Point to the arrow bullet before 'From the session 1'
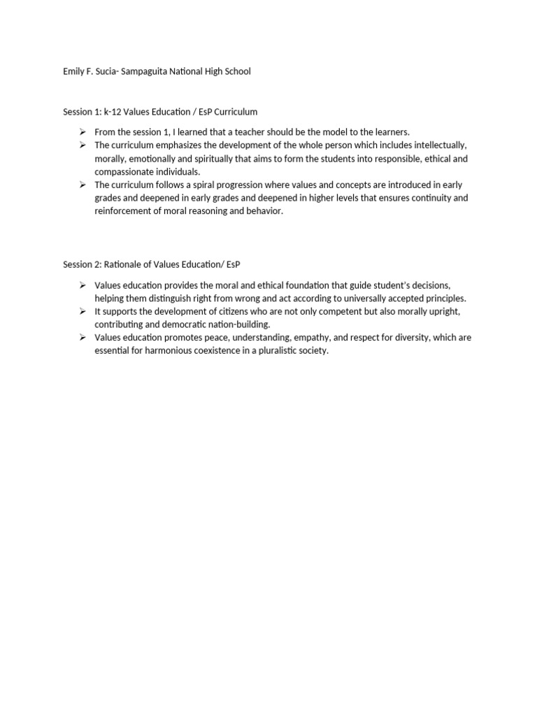pyautogui.click(x=82, y=132)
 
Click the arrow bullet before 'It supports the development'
pyautogui.click(x=82, y=311)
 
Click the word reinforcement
pyautogui.click(x=125, y=212)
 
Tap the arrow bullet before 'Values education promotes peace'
pyautogui.click(x=82, y=338)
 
